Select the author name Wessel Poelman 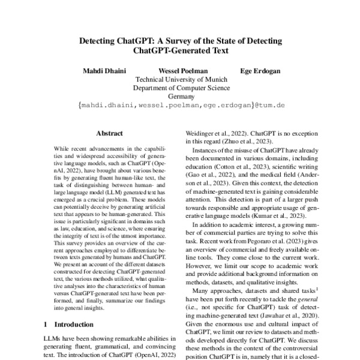coord(179,70)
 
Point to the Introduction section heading coord(79,324)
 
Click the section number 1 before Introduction coord(47,324)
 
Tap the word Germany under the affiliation coord(179,95)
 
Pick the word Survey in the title coord(184,41)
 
